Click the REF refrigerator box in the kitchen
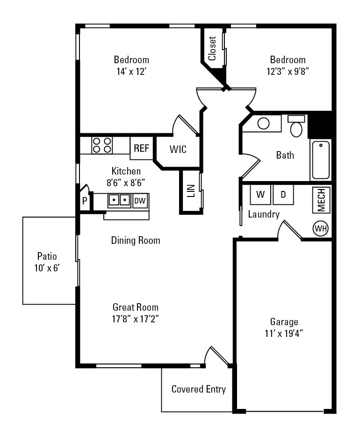(141, 148)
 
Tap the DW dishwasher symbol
(140, 201)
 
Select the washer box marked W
(260, 195)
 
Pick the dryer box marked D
(283, 195)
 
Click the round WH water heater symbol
(321, 228)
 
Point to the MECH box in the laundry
(321, 200)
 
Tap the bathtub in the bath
(321, 160)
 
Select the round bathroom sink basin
(264, 124)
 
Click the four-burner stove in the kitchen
(102, 145)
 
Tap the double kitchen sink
(119, 200)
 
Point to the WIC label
(178, 150)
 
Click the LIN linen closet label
(191, 191)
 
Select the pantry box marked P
(85, 201)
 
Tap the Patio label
(47, 256)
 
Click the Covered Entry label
(198, 389)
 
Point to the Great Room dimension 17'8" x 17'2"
(135, 319)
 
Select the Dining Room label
(136, 240)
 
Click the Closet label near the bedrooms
(212, 49)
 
